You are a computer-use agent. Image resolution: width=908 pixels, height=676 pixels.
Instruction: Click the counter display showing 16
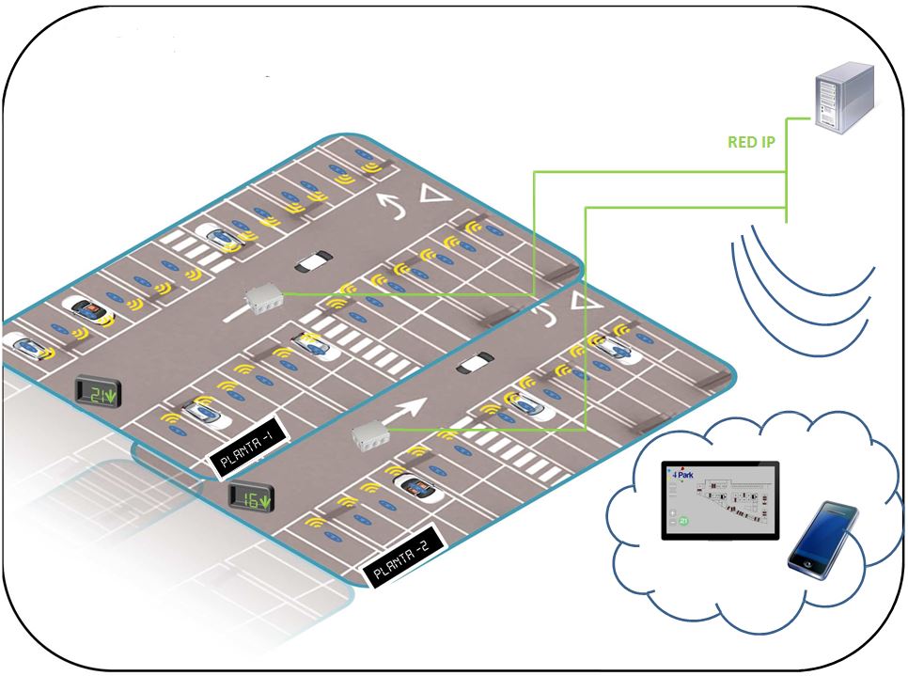251,498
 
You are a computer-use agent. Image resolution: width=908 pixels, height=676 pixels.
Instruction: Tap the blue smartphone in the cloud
823,536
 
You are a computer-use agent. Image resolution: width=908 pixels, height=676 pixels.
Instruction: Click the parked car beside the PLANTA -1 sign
206,411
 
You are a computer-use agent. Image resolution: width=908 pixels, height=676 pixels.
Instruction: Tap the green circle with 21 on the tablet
683,520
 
